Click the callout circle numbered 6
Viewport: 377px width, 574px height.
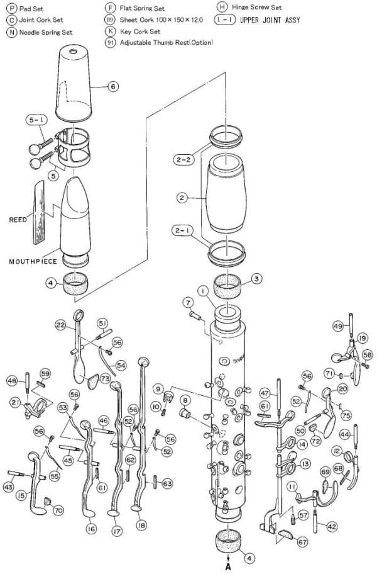tap(113, 87)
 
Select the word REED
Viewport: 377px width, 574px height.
tap(18, 220)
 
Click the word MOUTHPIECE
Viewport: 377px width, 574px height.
tap(33, 261)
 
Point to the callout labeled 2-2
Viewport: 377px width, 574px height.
tap(184, 160)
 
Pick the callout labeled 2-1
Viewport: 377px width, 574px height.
tap(184, 231)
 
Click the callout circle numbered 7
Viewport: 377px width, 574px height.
tap(187, 303)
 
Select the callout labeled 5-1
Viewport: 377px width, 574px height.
tap(35, 120)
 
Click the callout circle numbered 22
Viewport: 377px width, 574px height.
tap(60, 325)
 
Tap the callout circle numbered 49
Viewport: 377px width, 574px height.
tap(338, 326)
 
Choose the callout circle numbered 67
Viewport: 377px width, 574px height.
tap(302, 542)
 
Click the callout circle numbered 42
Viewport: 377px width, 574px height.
tap(332, 526)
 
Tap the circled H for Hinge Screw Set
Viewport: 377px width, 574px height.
tap(221, 8)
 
